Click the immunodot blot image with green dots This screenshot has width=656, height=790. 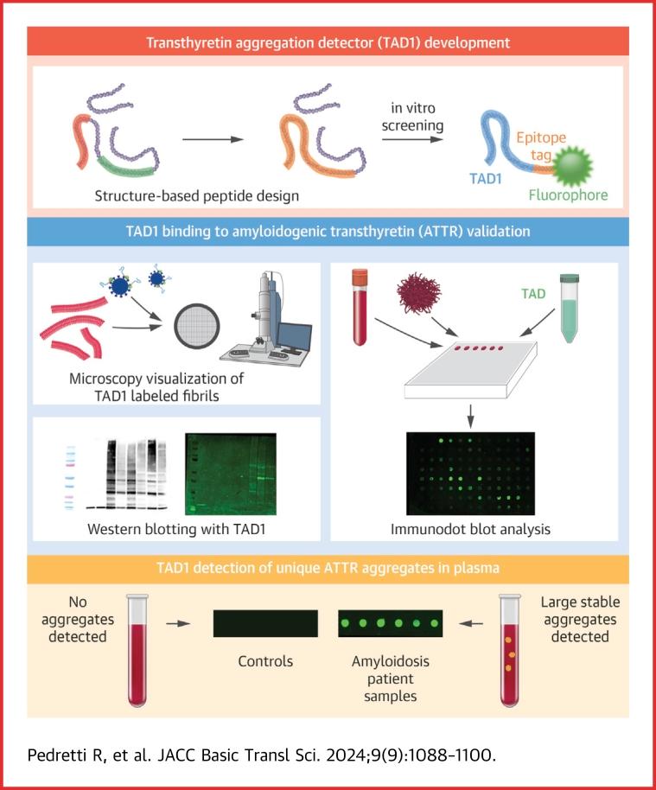point(471,475)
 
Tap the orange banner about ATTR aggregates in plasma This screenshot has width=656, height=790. point(328,568)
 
